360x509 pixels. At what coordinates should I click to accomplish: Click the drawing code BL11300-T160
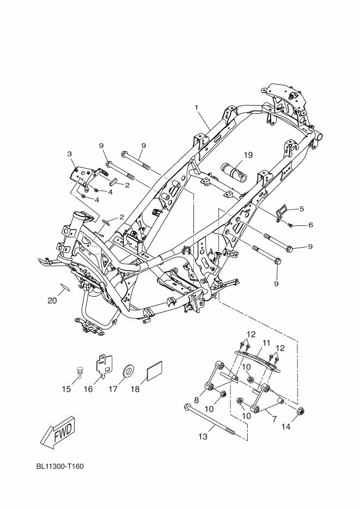tap(60, 467)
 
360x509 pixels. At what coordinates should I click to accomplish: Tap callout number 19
tap(248, 155)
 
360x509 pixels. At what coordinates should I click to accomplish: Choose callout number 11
tap(267, 342)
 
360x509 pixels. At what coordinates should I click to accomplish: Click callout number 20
tap(52, 301)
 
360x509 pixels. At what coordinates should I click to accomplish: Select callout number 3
tap(70, 154)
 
